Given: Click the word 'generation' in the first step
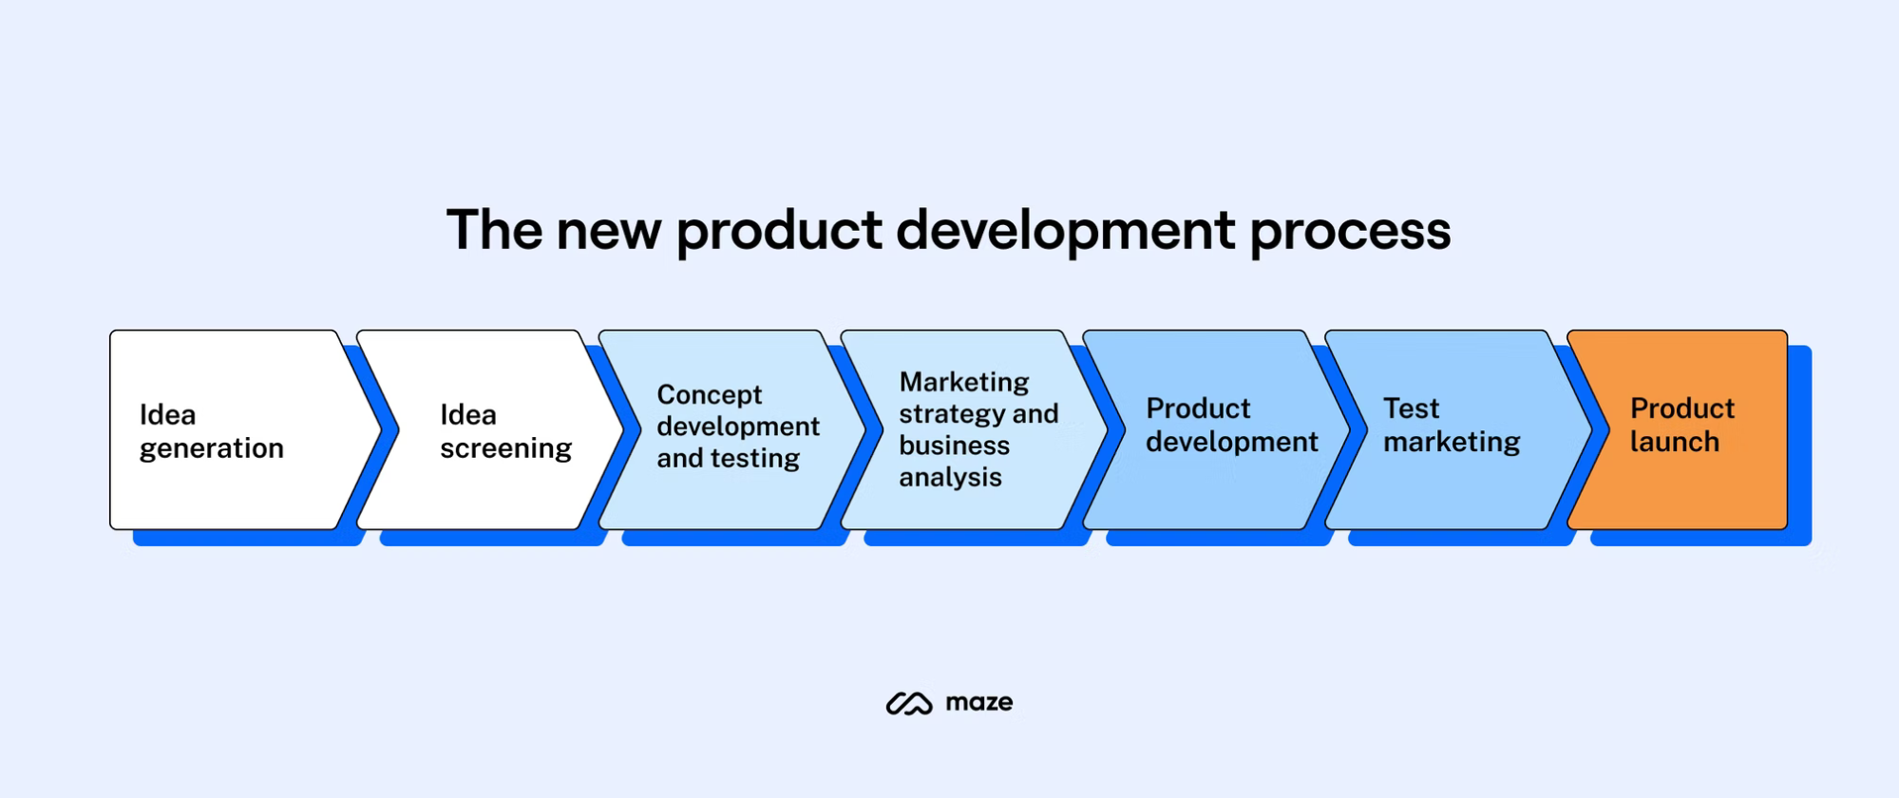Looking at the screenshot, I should (211, 448).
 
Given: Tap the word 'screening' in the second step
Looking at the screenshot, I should (505, 448).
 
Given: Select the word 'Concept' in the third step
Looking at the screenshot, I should (709, 394).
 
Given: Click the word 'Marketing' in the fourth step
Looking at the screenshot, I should (963, 382).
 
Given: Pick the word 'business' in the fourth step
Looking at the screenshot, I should (954, 446).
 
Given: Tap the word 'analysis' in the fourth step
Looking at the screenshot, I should (950, 477).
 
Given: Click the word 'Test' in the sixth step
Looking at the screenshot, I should (1411, 408).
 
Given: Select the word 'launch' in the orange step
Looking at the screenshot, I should (1674, 442).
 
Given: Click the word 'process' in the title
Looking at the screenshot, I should (1350, 231).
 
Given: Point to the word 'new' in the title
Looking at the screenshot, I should (608, 231).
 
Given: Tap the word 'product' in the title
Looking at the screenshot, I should (779, 231).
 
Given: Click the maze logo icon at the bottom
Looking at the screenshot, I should (909, 703).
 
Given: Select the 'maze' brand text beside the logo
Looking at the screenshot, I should (978, 703).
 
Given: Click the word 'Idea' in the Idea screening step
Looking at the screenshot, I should (467, 415).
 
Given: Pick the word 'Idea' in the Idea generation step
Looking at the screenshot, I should (167, 415).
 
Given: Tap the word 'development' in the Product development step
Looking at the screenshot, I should (1231, 442).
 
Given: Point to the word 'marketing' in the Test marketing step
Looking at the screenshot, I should (1451, 442).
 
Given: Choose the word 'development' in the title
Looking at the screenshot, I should (1065, 231).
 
